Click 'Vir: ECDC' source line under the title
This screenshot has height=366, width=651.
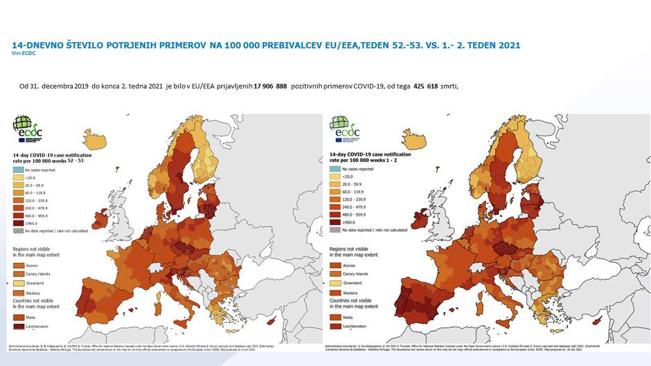[24, 53]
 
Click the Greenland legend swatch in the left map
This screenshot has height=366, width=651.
[19, 284]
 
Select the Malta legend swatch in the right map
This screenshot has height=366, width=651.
[337, 317]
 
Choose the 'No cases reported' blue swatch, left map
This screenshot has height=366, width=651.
[18, 168]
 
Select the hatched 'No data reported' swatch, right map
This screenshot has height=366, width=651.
[337, 229]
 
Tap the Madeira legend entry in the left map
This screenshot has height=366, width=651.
[28, 293]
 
